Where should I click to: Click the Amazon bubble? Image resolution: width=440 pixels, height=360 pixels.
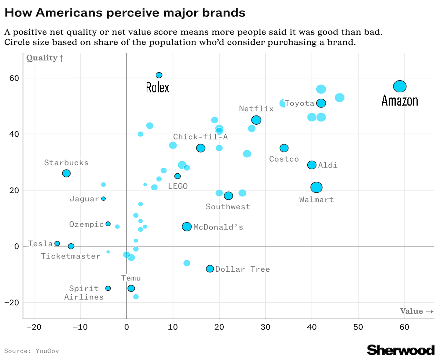(400, 87)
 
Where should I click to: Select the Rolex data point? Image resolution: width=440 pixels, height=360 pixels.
(159, 75)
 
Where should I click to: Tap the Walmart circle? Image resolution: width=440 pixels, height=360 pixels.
(316, 187)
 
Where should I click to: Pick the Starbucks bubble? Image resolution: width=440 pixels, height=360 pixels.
(66, 173)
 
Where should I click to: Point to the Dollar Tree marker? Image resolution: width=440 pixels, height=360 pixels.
(210, 269)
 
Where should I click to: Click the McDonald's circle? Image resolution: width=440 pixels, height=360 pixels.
(187, 227)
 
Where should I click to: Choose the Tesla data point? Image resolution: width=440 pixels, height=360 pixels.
(57, 243)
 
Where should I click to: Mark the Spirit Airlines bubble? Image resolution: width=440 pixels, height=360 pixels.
(108, 289)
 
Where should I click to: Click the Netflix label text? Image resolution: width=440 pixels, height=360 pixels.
(256, 109)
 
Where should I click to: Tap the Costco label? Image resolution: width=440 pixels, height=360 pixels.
(284, 159)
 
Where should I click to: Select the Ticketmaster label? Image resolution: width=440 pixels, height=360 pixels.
(71, 256)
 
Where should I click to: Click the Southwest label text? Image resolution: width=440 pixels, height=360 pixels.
(228, 207)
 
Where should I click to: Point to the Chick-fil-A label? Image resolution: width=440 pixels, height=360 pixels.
(201, 137)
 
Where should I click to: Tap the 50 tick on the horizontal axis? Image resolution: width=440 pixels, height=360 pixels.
(358, 327)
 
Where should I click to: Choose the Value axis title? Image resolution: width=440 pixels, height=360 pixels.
(417, 311)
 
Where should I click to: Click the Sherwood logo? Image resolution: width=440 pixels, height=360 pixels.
(401, 350)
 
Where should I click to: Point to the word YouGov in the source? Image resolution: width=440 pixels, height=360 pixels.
(47, 351)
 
